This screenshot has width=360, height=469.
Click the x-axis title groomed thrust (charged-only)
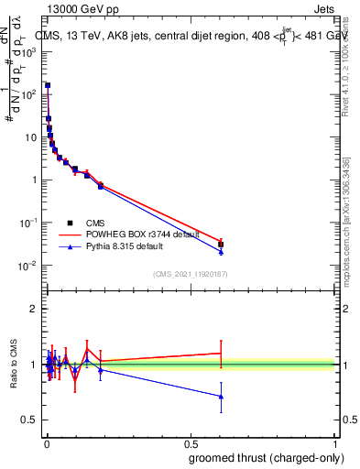click(x=266, y=456)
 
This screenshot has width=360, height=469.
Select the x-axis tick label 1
click(x=335, y=442)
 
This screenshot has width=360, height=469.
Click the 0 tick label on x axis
click(x=46, y=442)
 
